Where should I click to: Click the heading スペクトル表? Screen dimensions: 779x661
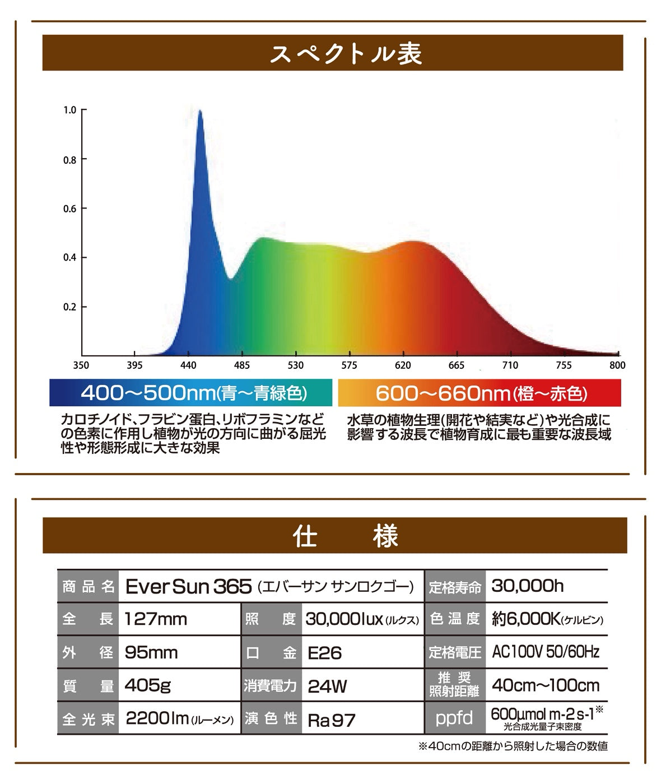click(346, 54)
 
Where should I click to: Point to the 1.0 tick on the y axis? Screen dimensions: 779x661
click(70, 110)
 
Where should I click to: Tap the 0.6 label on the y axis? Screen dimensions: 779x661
click(70, 208)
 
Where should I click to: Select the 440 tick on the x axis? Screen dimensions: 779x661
click(188, 365)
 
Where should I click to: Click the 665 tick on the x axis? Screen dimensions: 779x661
click(457, 365)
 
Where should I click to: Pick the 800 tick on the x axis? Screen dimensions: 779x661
click(617, 365)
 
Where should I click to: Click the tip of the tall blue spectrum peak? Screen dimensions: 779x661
click(200, 111)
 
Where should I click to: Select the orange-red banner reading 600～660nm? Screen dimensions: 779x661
click(481, 393)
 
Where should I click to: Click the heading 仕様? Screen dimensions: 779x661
click(346, 536)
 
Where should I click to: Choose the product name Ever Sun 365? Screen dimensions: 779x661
click(188, 587)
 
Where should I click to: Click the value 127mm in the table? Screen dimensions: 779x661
click(156, 619)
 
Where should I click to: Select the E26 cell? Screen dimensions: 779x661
click(325, 653)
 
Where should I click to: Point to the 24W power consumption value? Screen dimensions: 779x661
click(328, 686)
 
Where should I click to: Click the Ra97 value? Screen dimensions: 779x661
click(332, 720)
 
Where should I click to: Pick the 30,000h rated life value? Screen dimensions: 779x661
click(528, 586)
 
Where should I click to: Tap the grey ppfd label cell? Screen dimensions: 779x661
click(454, 718)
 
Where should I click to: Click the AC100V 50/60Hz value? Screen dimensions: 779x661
click(546, 652)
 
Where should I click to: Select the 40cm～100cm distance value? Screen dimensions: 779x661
click(546, 685)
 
